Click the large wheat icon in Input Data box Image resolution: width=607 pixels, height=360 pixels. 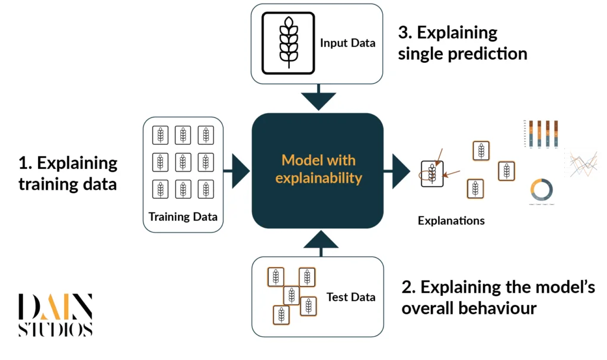point(288,42)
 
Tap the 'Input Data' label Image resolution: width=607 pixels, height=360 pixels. point(347,43)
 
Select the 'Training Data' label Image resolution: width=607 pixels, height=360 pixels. point(183,216)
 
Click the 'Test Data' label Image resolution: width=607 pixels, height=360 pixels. point(350,297)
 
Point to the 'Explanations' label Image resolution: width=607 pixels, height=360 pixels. point(451,221)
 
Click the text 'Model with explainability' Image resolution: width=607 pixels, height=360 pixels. point(318,169)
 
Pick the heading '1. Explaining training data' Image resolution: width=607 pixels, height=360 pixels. point(68,173)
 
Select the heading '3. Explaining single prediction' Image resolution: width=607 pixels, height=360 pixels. point(462,43)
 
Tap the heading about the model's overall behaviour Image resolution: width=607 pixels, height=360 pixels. point(498,298)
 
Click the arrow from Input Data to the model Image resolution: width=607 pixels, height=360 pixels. point(318,98)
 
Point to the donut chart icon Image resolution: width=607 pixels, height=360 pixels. point(541,190)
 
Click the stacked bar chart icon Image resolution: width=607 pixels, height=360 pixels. point(540,133)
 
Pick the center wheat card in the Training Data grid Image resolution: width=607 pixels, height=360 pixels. point(183,162)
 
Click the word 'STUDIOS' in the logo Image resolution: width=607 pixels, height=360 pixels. point(55,330)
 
